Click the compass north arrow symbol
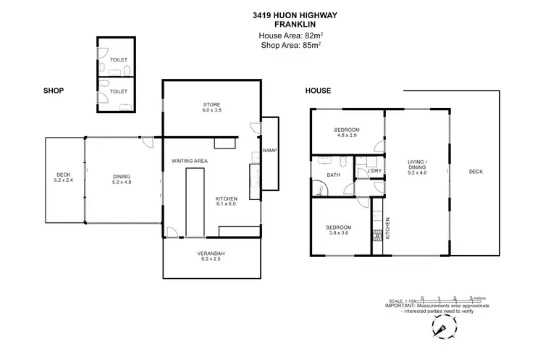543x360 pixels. (x=440, y=330)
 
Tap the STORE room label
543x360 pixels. (x=211, y=106)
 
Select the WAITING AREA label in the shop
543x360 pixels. (x=190, y=160)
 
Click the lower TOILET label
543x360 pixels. (x=118, y=92)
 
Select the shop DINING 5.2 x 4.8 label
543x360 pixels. (x=121, y=178)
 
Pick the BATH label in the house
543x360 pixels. (x=333, y=175)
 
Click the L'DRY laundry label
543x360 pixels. (x=374, y=171)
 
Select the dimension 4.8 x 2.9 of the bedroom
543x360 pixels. (x=347, y=135)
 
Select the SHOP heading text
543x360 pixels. (x=54, y=91)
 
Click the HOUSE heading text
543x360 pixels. (x=318, y=91)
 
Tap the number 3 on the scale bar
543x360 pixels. (x=472, y=298)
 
